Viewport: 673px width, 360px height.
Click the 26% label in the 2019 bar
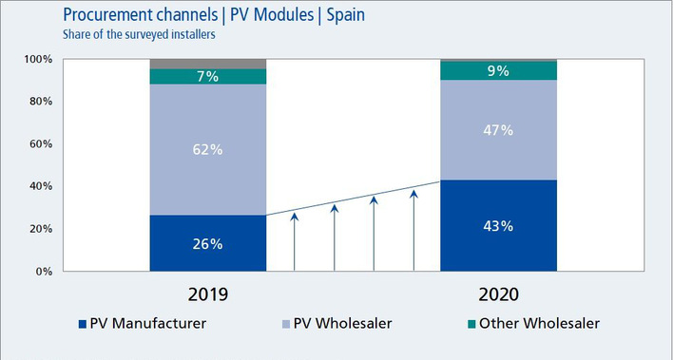[207, 244]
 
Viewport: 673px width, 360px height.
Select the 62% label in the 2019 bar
[207, 148]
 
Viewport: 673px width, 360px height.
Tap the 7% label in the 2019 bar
[207, 77]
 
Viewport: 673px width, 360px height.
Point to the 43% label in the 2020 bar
[498, 226]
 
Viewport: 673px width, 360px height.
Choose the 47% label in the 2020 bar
[498, 130]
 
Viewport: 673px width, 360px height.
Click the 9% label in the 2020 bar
[498, 70]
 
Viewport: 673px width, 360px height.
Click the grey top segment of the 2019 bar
[207, 64]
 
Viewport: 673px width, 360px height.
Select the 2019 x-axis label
[207, 294]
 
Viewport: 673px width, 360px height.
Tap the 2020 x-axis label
[498, 294]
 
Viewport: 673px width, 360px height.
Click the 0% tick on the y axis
[42, 272]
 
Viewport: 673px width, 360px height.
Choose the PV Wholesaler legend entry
[336, 324]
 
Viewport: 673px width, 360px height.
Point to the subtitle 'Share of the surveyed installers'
[137, 36]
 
